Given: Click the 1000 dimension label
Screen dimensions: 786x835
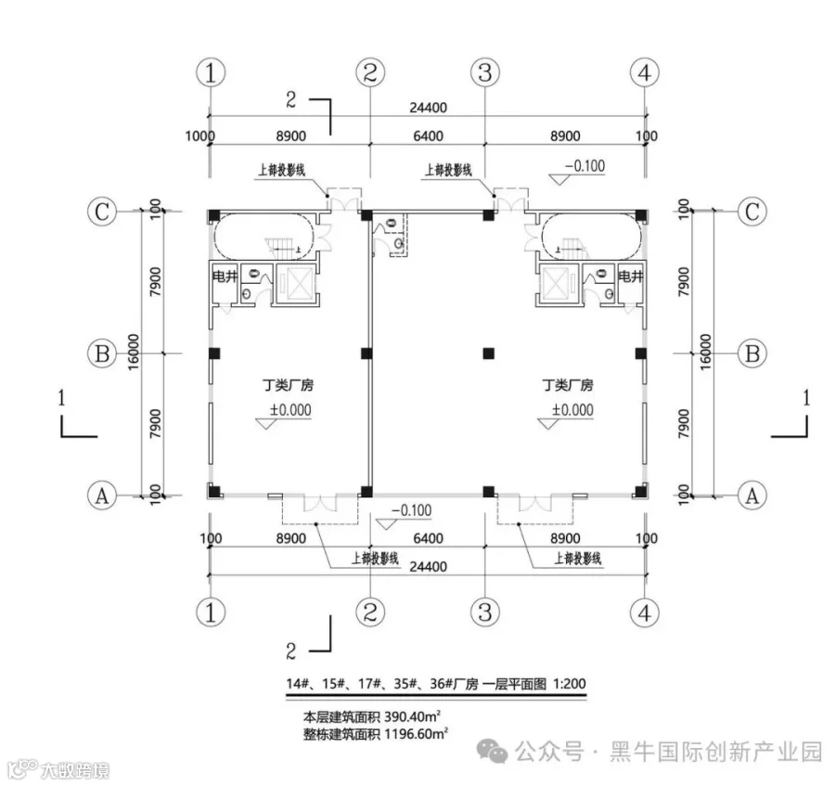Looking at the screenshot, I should [199, 136].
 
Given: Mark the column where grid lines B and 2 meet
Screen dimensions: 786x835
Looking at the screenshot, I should [367, 353].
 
